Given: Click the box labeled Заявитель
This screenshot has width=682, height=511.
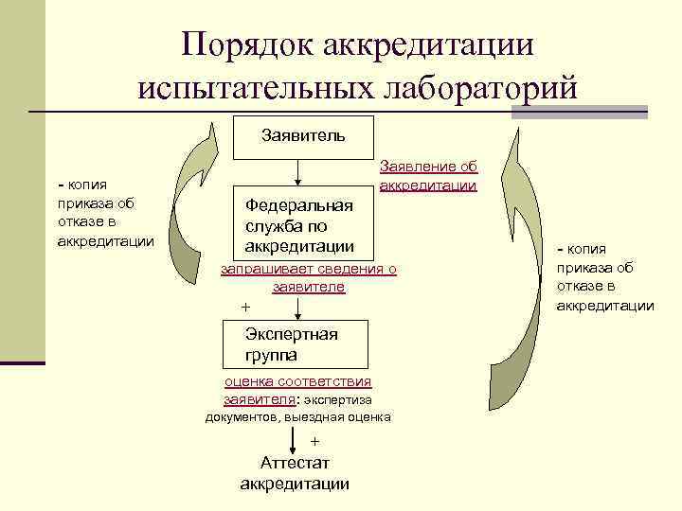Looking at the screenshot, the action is [x=303, y=137].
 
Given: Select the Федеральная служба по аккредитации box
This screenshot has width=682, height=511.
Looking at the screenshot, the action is [x=299, y=226].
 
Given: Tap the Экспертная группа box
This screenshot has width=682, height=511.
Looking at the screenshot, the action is [x=295, y=344].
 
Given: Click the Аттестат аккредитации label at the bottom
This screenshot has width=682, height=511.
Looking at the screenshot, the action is [x=295, y=473].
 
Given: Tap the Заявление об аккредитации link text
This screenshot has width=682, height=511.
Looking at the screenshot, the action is [x=427, y=176].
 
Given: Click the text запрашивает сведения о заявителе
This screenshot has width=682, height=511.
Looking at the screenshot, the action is [x=308, y=278].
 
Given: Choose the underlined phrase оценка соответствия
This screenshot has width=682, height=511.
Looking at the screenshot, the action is [x=297, y=381].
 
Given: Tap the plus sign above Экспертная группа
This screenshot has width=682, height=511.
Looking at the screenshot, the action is [x=246, y=308].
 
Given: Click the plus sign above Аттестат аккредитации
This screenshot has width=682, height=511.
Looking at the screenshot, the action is [x=315, y=441].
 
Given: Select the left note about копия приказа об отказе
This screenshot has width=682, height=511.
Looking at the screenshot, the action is [x=104, y=213].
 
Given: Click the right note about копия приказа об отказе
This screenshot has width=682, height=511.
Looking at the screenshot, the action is [x=604, y=276].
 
